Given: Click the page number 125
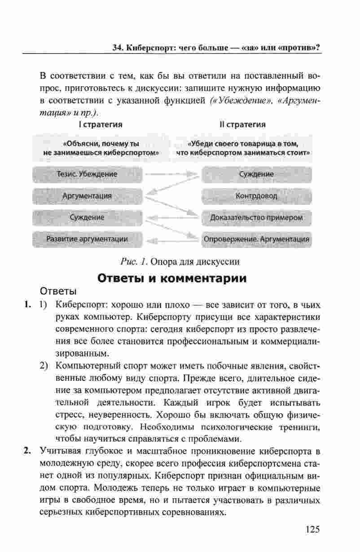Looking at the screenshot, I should [x=312, y=529].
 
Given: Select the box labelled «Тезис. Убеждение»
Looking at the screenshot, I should [x=87, y=174].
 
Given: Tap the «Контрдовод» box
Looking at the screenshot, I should [x=256, y=196].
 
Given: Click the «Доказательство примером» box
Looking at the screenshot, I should [x=256, y=217].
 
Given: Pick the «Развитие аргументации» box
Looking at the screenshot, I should [x=87, y=239].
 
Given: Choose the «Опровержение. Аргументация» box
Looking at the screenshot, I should [x=256, y=239].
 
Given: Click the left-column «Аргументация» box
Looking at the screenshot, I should [x=87, y=196].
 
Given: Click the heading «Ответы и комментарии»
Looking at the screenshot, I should [x=172, y=278].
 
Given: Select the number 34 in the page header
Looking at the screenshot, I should [x=118, y=47].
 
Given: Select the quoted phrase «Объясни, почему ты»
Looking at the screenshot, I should [x=101, y=144].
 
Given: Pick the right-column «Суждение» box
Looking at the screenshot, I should [x=256, y=174].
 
